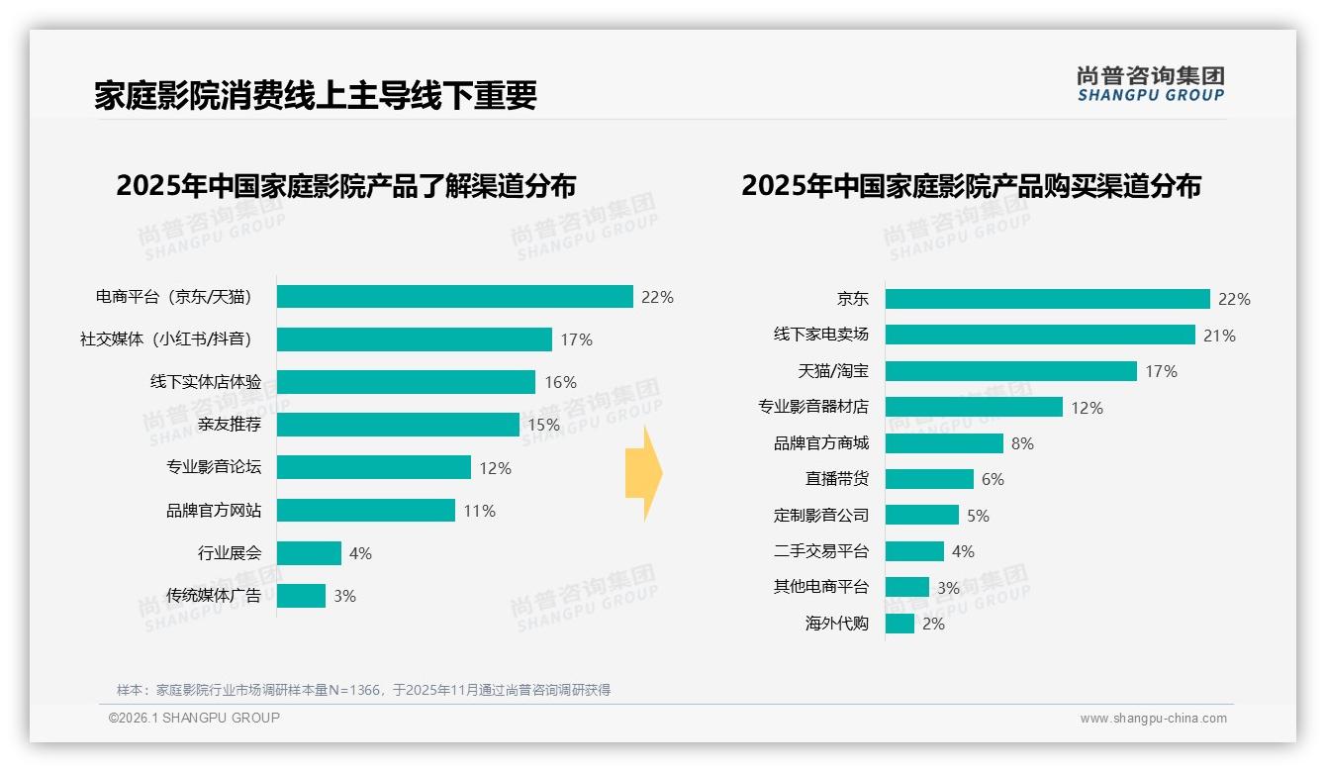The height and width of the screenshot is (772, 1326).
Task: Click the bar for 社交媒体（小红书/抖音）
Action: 414,339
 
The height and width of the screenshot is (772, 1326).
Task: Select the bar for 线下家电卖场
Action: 1039,335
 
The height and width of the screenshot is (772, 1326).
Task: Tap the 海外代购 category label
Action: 836,624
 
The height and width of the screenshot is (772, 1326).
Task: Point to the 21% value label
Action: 1219,336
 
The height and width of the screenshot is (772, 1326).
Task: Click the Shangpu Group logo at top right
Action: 1150,84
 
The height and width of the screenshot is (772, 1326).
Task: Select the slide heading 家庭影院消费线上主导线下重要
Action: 316,95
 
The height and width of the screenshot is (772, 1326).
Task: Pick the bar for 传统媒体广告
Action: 301,596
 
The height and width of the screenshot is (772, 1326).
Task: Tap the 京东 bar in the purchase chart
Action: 1047,299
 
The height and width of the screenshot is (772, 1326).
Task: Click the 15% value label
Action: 543,425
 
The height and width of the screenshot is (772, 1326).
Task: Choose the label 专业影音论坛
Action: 214,467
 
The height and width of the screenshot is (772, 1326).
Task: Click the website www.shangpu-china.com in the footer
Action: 1153,719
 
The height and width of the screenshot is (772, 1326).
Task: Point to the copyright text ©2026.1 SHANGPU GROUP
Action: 194,718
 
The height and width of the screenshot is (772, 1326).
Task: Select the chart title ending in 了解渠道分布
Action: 345,186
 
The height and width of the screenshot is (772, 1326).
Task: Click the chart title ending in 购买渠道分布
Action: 971,186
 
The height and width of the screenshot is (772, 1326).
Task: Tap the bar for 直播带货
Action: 929,479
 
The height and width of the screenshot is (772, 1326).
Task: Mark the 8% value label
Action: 1022,443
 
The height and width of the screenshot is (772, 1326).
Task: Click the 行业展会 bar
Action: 309,553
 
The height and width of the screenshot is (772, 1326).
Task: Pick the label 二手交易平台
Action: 820,551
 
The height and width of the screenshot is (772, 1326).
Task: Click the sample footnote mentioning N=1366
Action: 363,690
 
